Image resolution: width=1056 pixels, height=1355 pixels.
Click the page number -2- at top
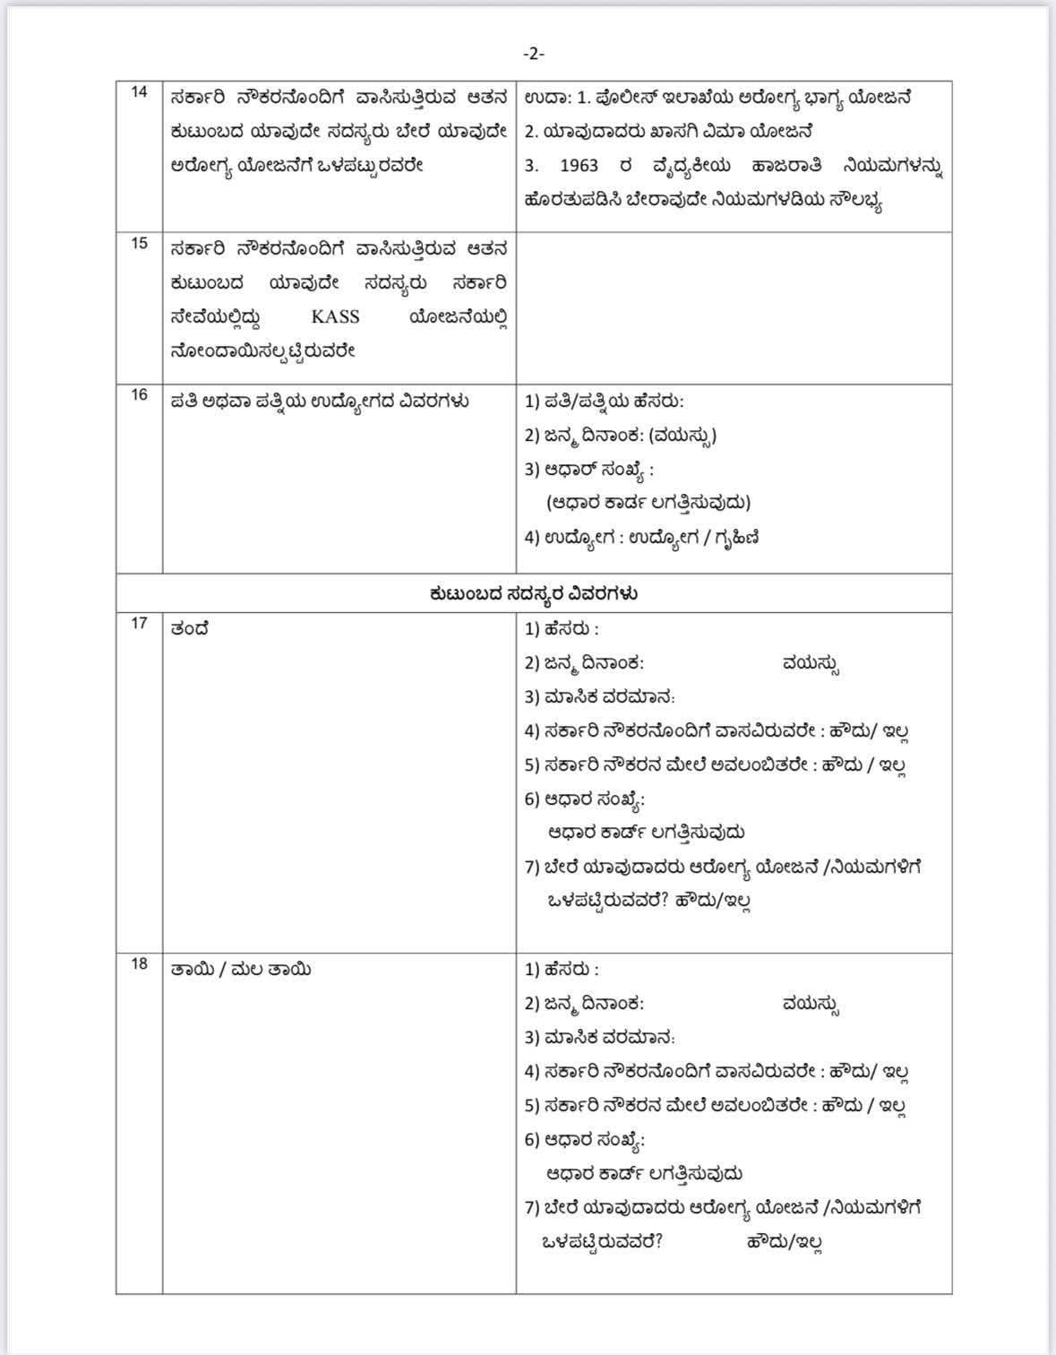tap(533, 54)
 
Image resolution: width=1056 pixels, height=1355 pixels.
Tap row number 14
tap(139, 91)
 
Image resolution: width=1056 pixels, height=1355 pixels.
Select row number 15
tap(139, 243)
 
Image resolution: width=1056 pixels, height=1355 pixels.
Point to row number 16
tap(139, 394)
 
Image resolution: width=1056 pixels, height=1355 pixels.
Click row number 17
tap(139, 623)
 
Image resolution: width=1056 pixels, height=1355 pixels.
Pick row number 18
tap(139, 963)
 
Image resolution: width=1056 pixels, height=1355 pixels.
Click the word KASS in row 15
tap(335, 317)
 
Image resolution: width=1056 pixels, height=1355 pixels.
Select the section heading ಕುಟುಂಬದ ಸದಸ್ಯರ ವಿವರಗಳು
tap(534, 593)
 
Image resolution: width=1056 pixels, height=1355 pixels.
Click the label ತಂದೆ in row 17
tap(190, 629)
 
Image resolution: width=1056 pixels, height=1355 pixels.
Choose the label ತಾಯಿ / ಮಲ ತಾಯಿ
tap(241, 970)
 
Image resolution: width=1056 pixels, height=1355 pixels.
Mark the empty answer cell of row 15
tap(733, 307)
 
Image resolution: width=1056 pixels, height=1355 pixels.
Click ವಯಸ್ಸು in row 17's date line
tap(810, 664)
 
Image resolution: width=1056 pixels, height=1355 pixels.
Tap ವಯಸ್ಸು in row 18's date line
tap(810, 1005)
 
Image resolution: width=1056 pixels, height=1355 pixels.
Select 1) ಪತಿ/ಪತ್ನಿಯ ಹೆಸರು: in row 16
tap(604, 401)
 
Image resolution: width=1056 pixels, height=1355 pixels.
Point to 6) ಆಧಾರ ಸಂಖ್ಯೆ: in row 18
tap(584, 1140)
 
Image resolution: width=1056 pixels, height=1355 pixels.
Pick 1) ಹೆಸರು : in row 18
tap(562, 970)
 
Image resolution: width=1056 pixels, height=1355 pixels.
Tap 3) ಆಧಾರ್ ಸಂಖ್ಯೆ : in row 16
tap(588, 470)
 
